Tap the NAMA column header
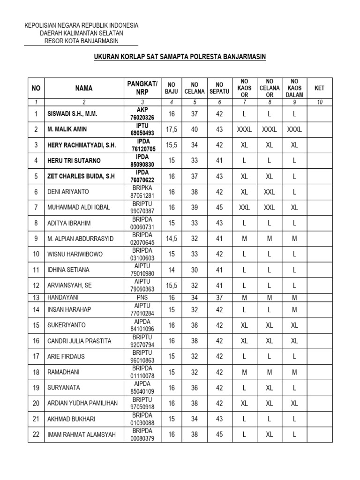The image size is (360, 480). click(83, 88)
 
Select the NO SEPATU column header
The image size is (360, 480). click(219, 88)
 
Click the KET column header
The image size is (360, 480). click(319, 88)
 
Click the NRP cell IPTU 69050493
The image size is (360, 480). click(142, 129)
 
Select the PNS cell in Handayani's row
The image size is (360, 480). click(142, 298)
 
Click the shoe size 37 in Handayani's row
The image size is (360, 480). click(219, 298)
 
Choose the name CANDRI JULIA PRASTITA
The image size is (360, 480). click(79, 341)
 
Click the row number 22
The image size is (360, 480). click(36, 435)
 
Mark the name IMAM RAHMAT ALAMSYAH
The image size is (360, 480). click(81, 435)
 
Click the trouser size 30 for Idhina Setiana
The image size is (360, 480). click(195, 270)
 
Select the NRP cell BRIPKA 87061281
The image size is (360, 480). click(142, 192)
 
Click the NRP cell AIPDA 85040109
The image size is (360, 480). click(142, 388)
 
